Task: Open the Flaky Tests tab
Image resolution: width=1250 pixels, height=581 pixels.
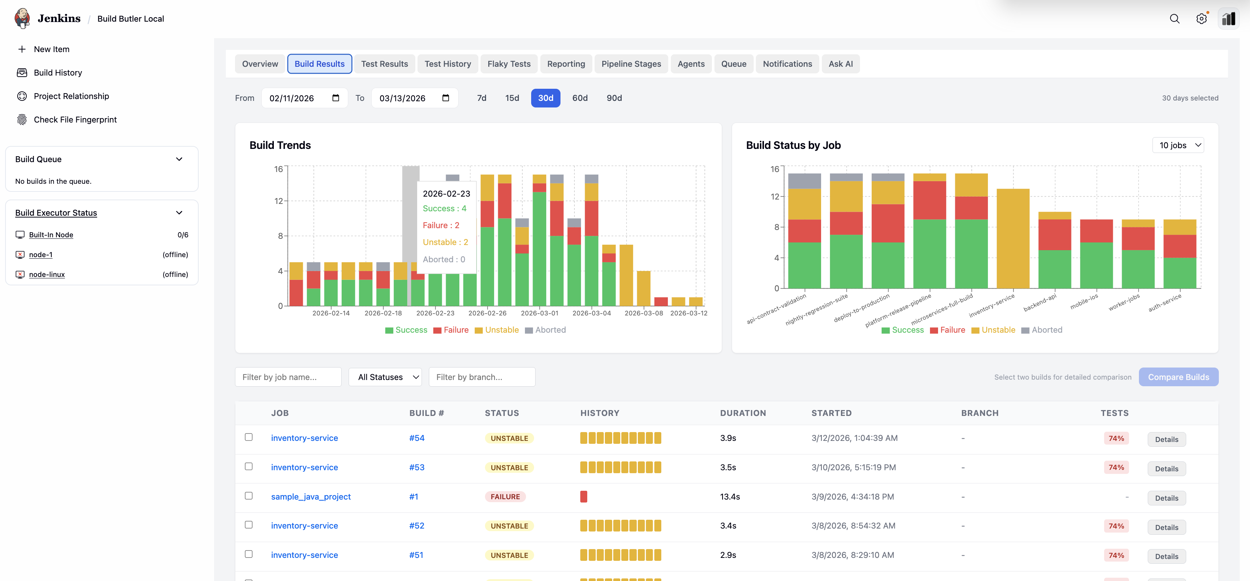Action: point(508,63)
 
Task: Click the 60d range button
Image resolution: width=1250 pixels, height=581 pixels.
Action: point(580,98)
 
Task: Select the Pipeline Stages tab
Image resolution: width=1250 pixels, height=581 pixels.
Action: point(631,63)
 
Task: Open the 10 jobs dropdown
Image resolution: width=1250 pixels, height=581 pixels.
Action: point(1178,145)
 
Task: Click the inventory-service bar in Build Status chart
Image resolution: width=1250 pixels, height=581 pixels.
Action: point(1013,238)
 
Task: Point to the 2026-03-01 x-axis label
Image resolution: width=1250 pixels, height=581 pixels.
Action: point(539,313)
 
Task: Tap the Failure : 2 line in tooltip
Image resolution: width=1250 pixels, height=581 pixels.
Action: point(441,225)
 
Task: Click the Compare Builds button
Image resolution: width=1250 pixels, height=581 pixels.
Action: point(1178,377)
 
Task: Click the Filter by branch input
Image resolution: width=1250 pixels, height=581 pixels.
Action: point(481,377)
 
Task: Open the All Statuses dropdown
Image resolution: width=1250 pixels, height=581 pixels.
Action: point(385,377)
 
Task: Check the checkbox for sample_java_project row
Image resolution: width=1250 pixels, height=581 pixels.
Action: point(249,496)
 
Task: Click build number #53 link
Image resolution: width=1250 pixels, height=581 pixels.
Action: point(416,467)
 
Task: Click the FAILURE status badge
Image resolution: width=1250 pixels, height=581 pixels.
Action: point(505,497)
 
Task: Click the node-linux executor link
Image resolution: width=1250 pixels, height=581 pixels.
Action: point(47,274)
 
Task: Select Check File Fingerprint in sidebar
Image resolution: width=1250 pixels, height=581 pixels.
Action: point(75,120)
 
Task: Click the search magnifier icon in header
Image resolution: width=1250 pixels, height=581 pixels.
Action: point(1174,18)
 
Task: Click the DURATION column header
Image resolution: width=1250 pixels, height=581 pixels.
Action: point(742,413)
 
